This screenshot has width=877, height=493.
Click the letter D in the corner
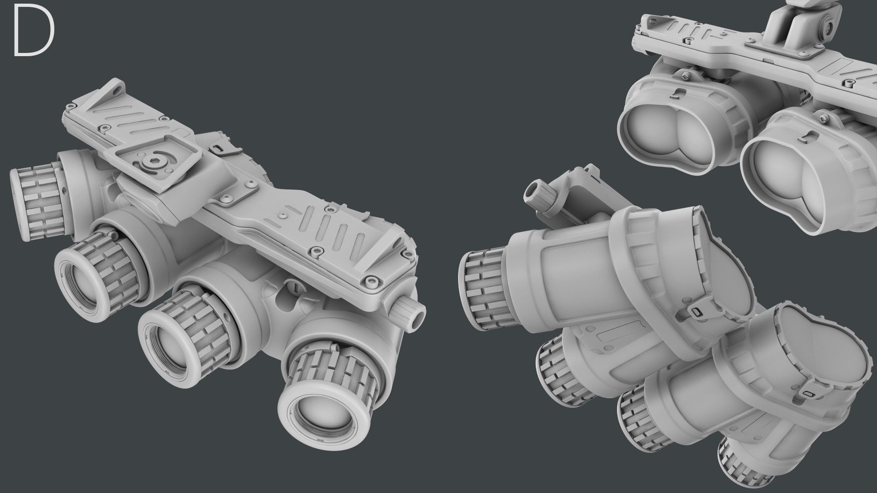(x=33, y=32)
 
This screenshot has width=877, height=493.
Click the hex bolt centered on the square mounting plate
(x=154, y=162)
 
